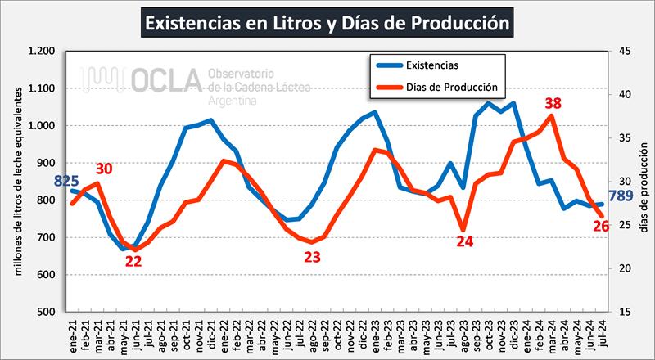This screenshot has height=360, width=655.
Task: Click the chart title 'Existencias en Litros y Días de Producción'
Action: click(327, 22)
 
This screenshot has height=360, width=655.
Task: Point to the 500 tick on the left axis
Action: click(47, 312)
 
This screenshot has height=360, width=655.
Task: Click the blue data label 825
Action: click(67, 180)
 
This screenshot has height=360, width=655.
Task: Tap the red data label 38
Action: click(553, 104)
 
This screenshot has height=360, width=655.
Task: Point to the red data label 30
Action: click(104, 169)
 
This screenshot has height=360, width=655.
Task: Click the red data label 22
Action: click(133, 262)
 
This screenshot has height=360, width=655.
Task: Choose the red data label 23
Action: click(312, 256)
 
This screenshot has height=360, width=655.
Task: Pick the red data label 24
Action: click(464, 241)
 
